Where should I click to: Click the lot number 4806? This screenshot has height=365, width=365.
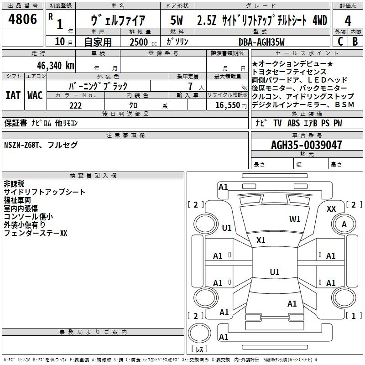[x=23, y=19]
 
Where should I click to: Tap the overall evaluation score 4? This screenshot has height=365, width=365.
[x=348, y=20]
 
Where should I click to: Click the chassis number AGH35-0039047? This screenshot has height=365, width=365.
[x=306, y=145]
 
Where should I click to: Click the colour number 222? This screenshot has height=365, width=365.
[x=75, y=105]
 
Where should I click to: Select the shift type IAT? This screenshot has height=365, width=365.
[x=13, y=95]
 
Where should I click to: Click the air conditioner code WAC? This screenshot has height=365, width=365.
[x=35, y=95]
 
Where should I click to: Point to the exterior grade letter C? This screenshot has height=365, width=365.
[x=340, y=42]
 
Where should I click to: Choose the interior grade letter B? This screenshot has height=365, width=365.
[x=355, y=42]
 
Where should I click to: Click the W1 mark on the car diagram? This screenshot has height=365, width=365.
[x=295, y=219]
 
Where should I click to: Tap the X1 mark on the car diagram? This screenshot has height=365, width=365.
[x=261, y=240]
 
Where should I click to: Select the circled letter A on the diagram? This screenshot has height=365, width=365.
[x=344, y=224]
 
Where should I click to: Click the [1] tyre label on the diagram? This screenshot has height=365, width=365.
[x=351, y=316]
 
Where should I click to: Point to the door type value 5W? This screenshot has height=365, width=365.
[x=177, y=20]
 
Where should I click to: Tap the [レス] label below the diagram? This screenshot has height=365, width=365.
[x=198, y=349]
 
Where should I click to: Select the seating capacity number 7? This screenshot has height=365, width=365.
[x=189, y=86]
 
